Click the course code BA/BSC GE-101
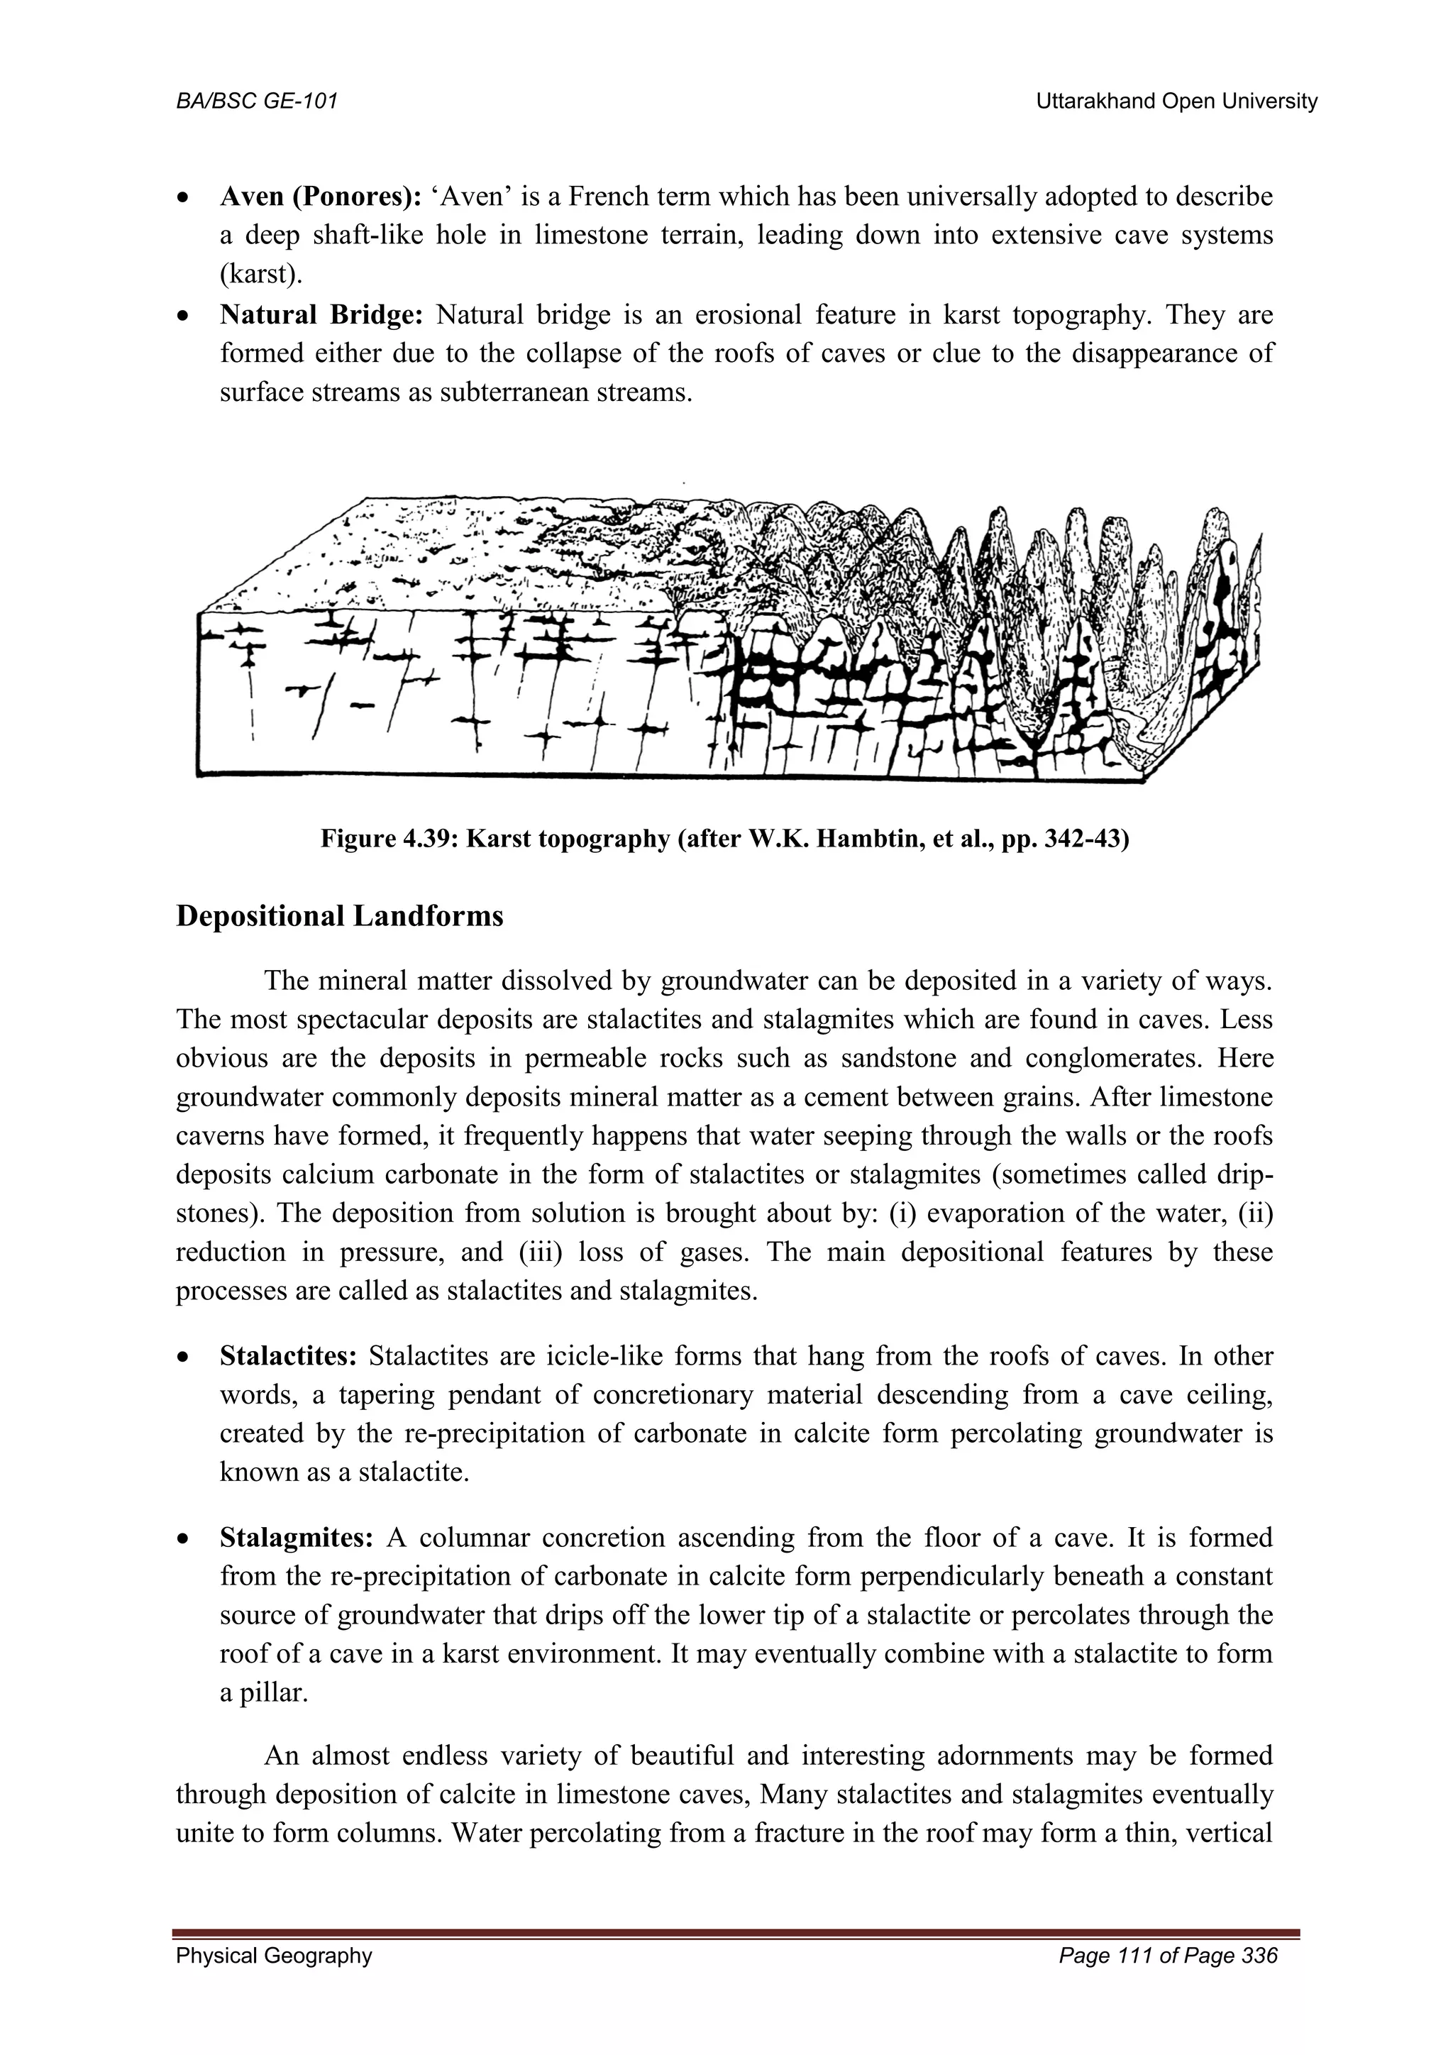click(257, 101)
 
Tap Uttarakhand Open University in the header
click(1176, 101)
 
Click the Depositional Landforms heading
click(339, 917)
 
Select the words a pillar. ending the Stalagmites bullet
click(264, 1693)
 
